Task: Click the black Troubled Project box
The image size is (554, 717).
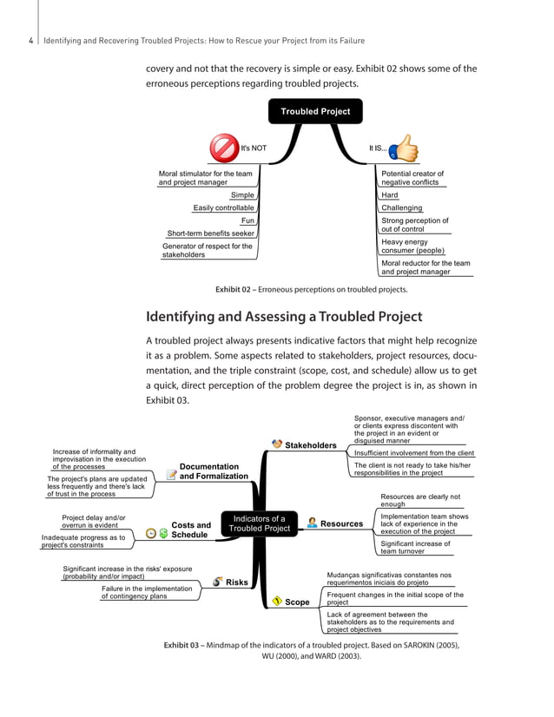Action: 315,111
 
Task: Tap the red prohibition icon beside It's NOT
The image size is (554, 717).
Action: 224,148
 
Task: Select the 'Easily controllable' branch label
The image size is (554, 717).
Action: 223,207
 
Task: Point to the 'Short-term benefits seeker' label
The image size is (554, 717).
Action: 210,233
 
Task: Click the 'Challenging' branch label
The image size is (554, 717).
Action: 401,207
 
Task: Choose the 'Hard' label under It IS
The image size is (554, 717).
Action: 390,195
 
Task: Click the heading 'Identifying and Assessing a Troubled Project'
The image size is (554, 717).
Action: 284,316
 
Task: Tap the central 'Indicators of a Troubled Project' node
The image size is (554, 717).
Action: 259,523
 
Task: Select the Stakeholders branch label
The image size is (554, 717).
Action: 311,445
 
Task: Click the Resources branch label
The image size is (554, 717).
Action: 341,523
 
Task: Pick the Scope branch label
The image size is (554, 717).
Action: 297,602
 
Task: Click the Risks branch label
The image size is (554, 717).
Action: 237,582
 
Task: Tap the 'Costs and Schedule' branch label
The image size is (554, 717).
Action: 191,530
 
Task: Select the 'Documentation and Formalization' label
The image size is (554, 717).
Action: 214,471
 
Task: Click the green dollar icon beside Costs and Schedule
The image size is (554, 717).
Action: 164,533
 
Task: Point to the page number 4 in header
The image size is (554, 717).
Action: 30,41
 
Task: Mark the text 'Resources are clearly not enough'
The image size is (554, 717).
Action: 420,500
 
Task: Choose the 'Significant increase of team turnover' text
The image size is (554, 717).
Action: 415,547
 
